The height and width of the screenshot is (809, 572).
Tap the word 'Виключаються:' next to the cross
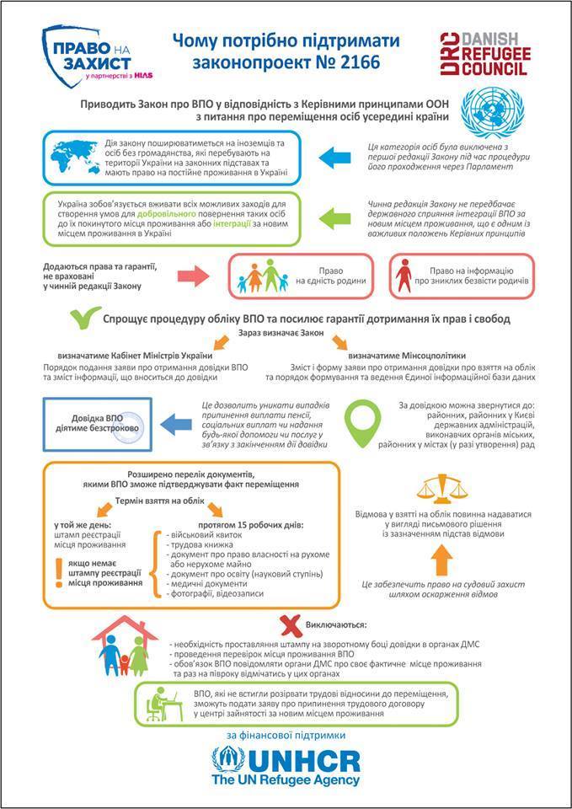tap(340, 625)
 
